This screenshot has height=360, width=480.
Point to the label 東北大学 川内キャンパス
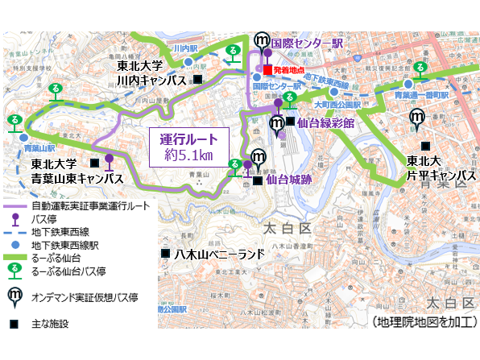pyautogui.click(x=151, y=73)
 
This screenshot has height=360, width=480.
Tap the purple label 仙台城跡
pyautogui.click(x=289, y=180)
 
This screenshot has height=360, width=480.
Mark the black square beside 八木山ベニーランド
pyautogui.click(x=164, y=254)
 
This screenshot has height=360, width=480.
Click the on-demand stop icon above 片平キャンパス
pyautogui.click(x=417, y=118)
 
